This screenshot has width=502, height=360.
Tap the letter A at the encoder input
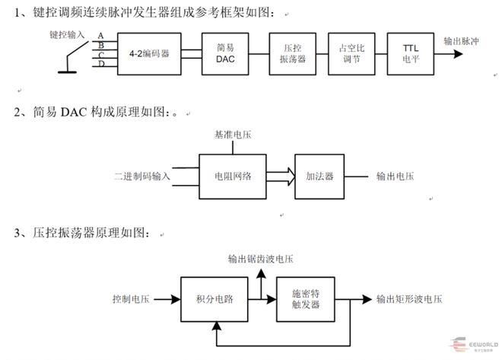[100, 36]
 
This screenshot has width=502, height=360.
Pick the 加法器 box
[320, 176]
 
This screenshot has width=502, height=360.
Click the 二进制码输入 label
[142, 176]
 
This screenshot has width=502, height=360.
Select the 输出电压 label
[396, 176]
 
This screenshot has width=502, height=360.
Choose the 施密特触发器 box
[306, 299]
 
